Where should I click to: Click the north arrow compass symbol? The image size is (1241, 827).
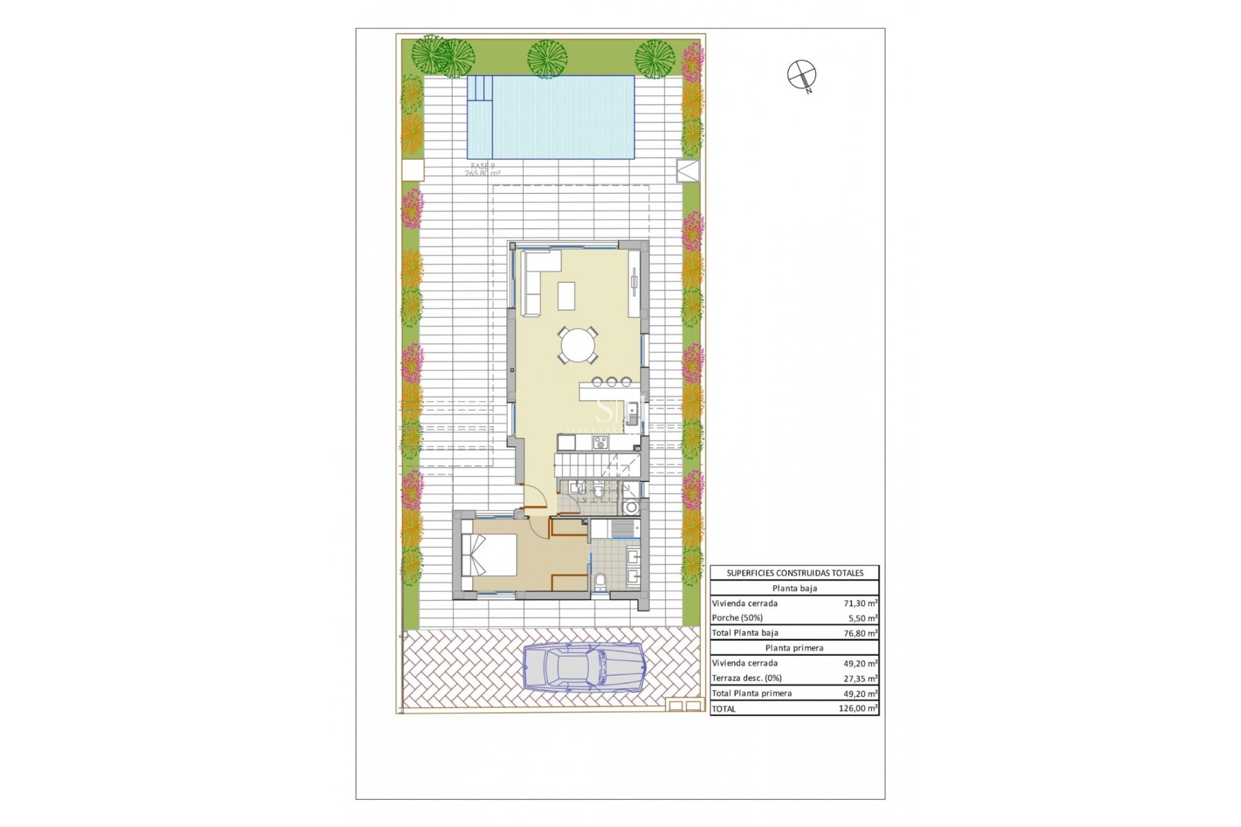(x=801, y=74)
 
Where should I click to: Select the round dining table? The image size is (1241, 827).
(x=578, y=346)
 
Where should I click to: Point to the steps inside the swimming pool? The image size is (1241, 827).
(x=480, y=88)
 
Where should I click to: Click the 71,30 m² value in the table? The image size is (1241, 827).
(x=860, y=603)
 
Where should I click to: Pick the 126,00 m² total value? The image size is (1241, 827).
(x=858, y=709)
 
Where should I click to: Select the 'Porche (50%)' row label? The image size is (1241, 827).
(x=737, y=618)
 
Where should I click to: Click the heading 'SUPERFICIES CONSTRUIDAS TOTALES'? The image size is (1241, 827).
(x=794, y=573)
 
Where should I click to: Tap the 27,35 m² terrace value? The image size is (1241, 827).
(x=860, y=678)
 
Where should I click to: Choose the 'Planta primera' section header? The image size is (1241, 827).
(x=794, y=648)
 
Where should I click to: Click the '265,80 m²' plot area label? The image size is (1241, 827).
(x=482, y=173)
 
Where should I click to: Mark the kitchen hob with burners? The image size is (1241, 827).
(x=600, y=443)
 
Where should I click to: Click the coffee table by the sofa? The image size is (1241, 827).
(x=567, y=296)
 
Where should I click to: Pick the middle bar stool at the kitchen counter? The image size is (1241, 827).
(x=611, y=382)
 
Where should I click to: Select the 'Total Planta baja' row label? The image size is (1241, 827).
(x=745, y=633)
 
